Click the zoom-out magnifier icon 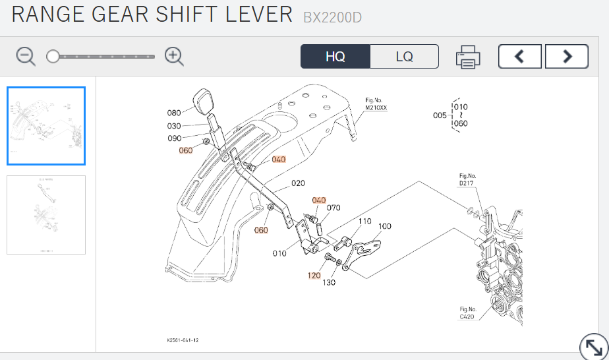point(26,57)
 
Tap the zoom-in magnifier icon point(174,57)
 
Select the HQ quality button point(335,57)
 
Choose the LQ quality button point(405,57)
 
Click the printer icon point(468,57)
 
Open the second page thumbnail point(46,215)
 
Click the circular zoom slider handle point(53,57)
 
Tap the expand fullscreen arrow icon point(593,347)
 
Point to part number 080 point(174,113)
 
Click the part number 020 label point(298,183)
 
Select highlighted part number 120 point(314,275)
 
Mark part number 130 point(329,282)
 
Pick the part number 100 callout point(384,226)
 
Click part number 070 point(333,208)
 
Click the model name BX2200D point(332,18)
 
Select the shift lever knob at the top point(206,102)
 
